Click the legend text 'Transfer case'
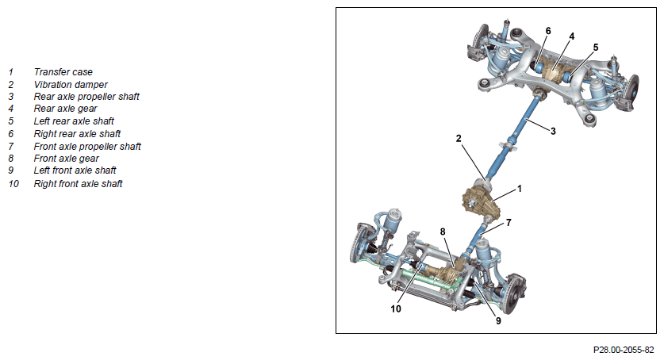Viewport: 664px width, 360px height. pos(63,72)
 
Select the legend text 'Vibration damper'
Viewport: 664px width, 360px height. pos(71,85)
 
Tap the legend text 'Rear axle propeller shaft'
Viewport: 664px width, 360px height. pos(86,97)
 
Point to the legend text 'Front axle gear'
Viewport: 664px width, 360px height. pos(66,159)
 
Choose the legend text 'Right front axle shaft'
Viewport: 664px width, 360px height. pos(78,184)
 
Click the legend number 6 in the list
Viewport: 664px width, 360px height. pos(11,134)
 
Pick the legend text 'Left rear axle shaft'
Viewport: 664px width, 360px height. pos(74,121)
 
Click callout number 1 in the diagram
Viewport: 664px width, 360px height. pos(520,189)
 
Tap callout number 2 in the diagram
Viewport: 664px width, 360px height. pos(459,139)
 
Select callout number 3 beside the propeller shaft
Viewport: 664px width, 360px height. pos(553,132)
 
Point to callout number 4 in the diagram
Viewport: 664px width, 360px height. pos(572,36)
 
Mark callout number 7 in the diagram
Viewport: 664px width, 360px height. pos(509,223)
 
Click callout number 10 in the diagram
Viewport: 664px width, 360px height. pos(396,309)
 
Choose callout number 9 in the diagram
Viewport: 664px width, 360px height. pos(498,321)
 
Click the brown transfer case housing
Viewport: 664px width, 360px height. pos(481,201)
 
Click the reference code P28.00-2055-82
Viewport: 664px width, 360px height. pos(624,350)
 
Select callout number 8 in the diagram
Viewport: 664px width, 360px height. pos(443,232)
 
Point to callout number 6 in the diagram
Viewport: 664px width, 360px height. pos(548,31)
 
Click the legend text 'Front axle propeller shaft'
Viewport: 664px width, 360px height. pos(87,147)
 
